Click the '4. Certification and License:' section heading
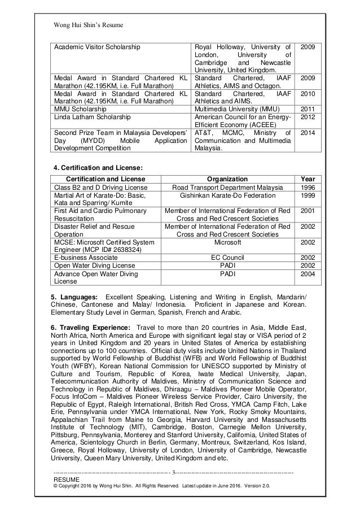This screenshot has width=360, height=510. tap(98, 167)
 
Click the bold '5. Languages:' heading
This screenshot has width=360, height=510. tap(74, 297)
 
